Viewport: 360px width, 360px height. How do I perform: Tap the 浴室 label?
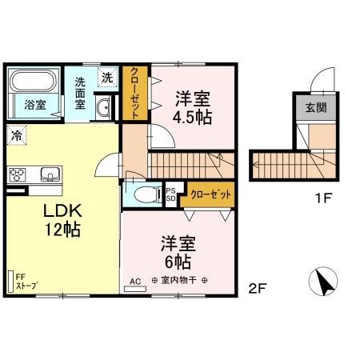pos(35,105)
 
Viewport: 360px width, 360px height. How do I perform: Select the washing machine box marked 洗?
pos(107,77)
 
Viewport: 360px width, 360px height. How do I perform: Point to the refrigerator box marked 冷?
pos(17,135)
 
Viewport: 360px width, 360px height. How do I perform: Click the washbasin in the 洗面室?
pos(103,107)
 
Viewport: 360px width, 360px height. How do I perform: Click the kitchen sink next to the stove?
pos(50,174)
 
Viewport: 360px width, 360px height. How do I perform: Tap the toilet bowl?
pos(146,194)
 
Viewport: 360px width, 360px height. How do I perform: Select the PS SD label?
pos(171,194)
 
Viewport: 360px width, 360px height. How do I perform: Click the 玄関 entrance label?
pos(316,107)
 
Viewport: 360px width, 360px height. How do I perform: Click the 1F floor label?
pos(323,198)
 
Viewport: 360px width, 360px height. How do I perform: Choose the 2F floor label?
pos(258,288)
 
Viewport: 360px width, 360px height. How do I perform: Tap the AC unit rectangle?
pos(135,289)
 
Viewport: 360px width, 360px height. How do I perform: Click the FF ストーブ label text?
pos(26,282)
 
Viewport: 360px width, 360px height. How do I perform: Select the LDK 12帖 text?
pos(62,220)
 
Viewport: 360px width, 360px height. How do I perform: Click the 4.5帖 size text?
pos(192,117)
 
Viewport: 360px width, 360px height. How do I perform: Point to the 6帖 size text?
pos(178,262)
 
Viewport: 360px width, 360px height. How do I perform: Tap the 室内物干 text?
pos(179,280)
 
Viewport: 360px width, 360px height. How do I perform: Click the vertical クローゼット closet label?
pos(134,93)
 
